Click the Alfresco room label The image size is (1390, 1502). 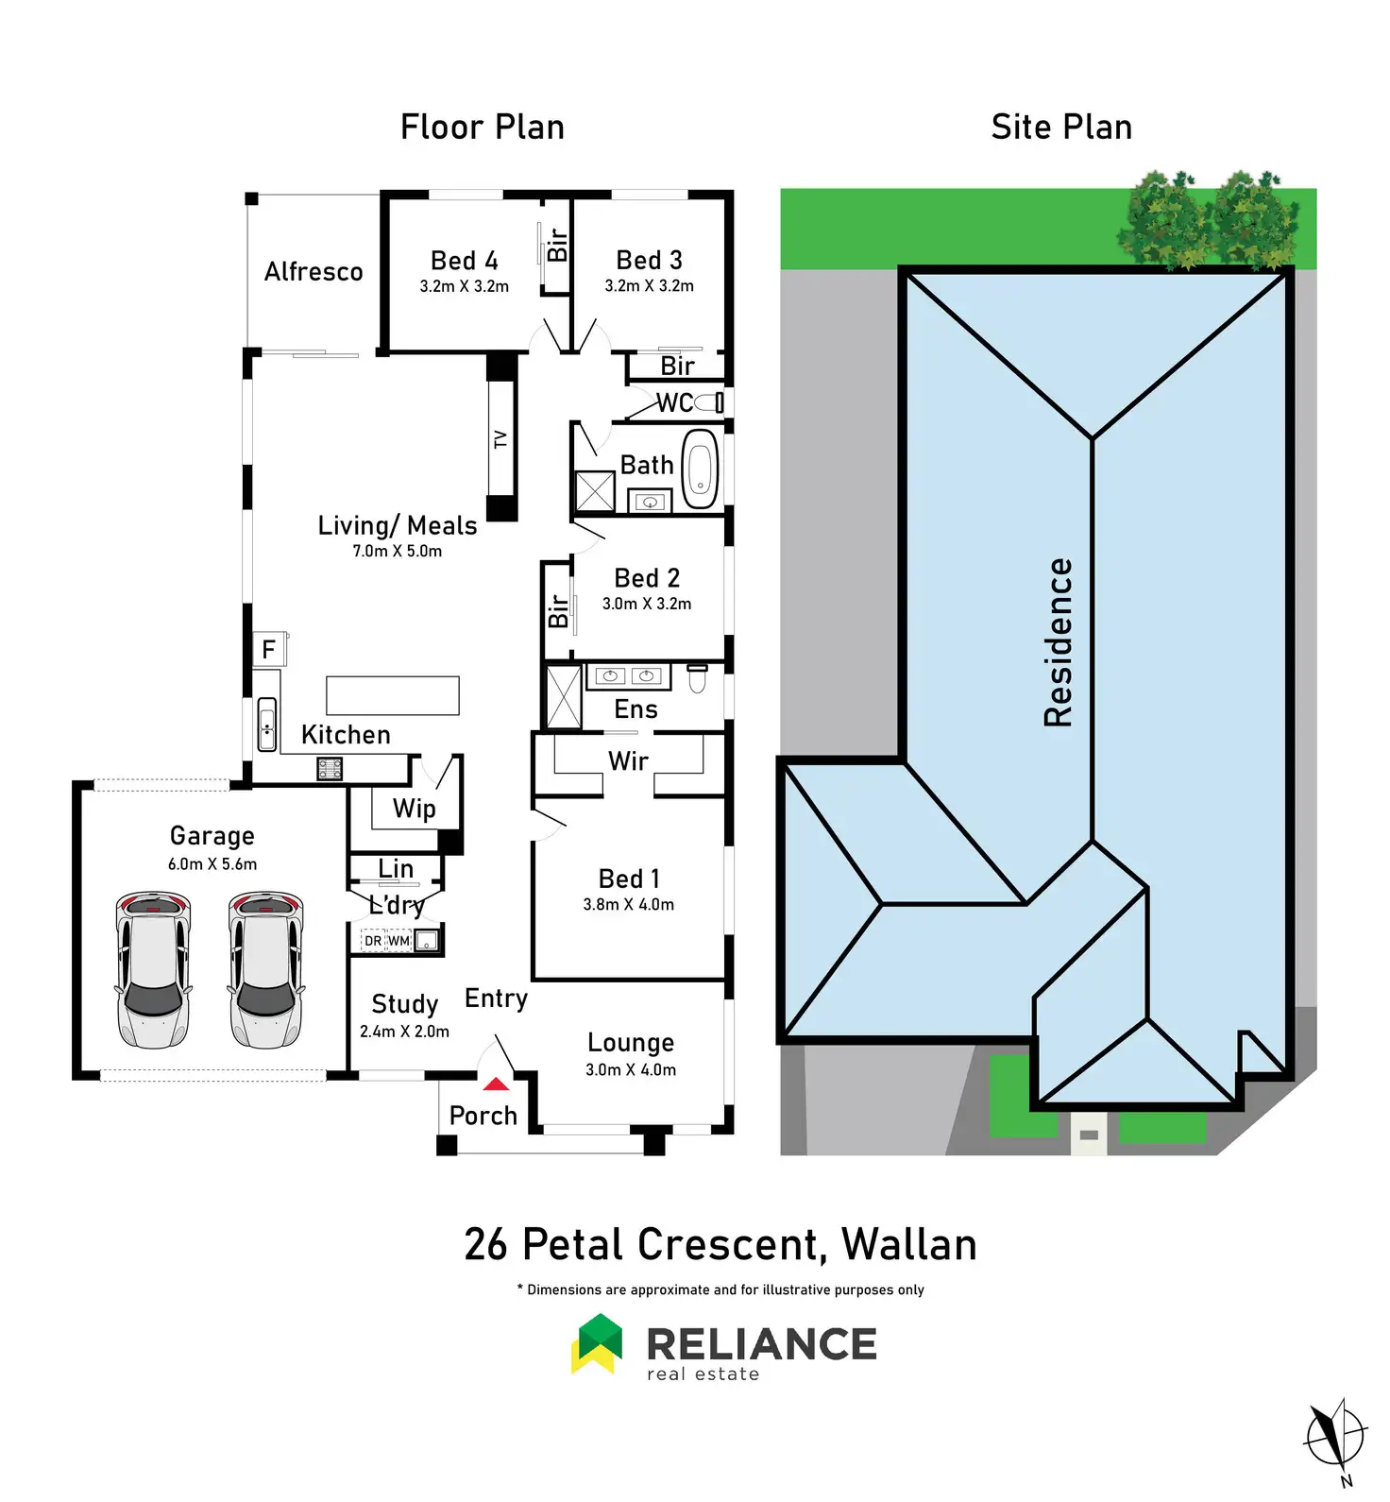314,272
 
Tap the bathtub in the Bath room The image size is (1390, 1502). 700,469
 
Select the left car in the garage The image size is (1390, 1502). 153,969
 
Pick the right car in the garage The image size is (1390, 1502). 266,969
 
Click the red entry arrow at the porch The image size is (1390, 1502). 496,1084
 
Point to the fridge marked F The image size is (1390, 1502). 269,650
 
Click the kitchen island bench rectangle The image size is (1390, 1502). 393,695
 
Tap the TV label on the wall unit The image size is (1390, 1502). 500,439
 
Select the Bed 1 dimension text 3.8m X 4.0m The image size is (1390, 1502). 629,904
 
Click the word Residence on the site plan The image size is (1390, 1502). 1059,642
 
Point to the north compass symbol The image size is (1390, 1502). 1335,1440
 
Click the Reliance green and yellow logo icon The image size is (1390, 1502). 597,1343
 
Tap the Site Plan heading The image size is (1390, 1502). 1061,128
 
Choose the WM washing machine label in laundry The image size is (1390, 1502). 399,941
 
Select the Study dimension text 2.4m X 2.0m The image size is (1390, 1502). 404,1032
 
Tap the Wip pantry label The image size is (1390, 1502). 415,810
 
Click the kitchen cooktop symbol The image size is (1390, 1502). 330,769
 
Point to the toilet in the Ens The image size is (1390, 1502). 697,678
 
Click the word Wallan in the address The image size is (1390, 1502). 909,1245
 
